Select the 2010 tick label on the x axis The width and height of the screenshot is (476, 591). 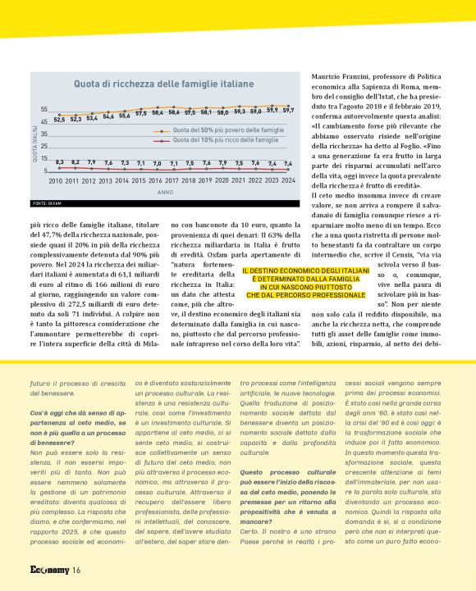pyautogui.click(x=56, y=180)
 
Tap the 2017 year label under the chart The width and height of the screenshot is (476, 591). pyautogui.click(x=172, y=180)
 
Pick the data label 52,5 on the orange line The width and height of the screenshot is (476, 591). pyautogui.click(x=59, y=120)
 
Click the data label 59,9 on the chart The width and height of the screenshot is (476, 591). pyautogui.click(x=272, y=110)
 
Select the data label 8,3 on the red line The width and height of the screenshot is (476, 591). pyautogui.click(x=59, y=162)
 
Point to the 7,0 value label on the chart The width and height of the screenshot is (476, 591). pyautogui.click(x=157, y=164)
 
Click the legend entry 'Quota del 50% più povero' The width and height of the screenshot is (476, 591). pyautogui.click(x=217, y=130)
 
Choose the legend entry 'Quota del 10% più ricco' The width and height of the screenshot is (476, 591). pyautogui.click(x=217, y=140)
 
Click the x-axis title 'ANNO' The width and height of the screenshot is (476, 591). pyautogui.click(x=165, y=192)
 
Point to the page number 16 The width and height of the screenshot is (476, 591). pyautogui.click(x=76, y=571)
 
